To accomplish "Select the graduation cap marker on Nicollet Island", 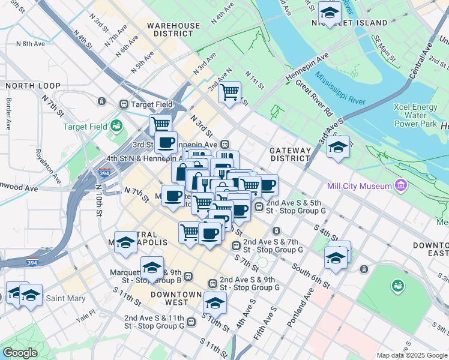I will (x=329, y=12).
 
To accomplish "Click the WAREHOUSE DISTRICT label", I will (x=173, y=30).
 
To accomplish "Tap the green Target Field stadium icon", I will (x=116, y=126).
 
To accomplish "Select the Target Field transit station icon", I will (x=124, y=104).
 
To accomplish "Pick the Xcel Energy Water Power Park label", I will (x=415, y=115).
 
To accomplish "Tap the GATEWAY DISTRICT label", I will (x=291, y=154).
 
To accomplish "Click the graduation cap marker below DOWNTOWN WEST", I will (x=215, y=304).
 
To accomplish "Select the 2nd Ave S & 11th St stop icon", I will (x=191, y=322).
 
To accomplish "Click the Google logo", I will (x=20, y=353).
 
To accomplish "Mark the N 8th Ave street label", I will (x=30, y=44).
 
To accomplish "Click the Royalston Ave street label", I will (x=47, y=166).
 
